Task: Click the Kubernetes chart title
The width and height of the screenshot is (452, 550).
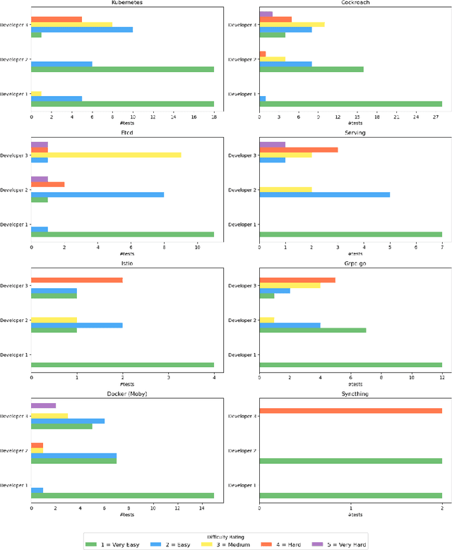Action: pyautogui.click(x=127, y=3)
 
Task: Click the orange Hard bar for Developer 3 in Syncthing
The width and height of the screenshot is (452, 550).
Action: pyautogui.click(x=350, y=411)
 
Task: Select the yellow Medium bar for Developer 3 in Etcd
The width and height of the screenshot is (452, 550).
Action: pyautogui.click(x=106, y=155)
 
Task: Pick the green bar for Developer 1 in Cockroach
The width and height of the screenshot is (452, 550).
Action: pyautogui.click(x=350, y=104)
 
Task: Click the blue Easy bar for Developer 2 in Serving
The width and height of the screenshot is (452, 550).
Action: pyautogui.click(x=324, y=194)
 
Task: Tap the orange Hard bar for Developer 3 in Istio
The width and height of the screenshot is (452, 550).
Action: pyautogui.click(x=76, y=280)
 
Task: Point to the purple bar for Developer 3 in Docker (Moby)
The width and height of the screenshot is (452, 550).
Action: pyautogui.click(x=43, y=406)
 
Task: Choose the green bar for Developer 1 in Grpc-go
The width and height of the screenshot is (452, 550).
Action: pyautogui.click(x=350, y=365)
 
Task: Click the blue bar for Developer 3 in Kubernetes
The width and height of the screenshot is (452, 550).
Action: pyautogui.click(x=81, y=30)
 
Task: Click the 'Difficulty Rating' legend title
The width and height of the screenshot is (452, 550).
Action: pyautogui.click(x=226, y=535)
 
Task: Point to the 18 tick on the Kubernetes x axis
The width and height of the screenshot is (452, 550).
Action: pyautogui.click(x=214, y=116)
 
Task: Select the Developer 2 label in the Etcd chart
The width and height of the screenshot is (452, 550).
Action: pyautogui.click(x=14, y=190)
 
